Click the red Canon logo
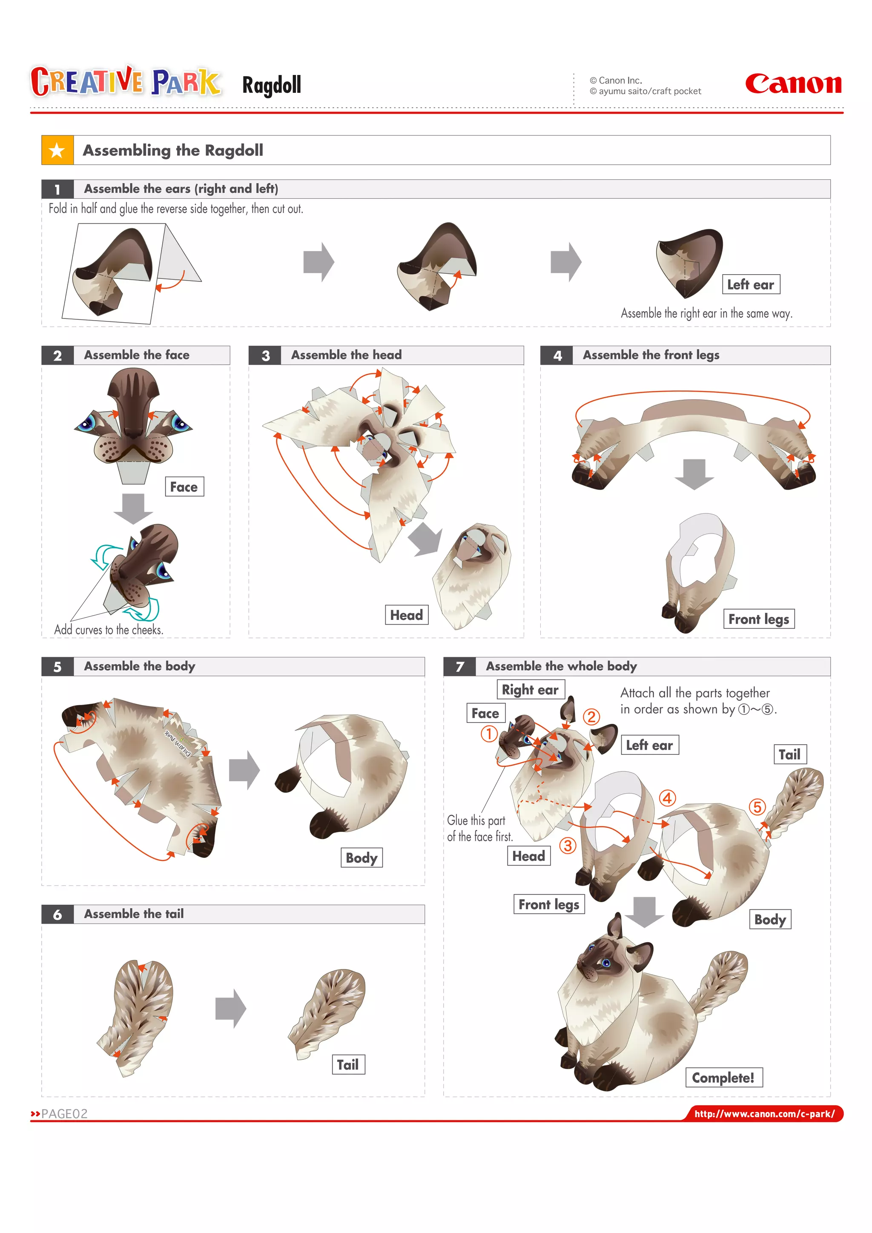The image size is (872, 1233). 793,84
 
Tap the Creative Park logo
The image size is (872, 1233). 126,82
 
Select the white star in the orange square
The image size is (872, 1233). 57,150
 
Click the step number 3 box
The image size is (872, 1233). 265,356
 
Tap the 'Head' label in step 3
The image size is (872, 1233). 407,615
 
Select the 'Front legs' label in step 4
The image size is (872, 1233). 759,619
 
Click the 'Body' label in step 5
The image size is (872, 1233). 361,857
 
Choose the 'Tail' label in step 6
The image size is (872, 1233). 347,1064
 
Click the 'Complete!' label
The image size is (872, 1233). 724,1077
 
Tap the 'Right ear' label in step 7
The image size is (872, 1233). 531,690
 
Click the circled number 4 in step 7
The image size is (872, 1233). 668,798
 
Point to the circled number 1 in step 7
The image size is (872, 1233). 489,734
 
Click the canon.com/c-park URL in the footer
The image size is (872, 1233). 765,1114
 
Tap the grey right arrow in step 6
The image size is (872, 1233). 230,1009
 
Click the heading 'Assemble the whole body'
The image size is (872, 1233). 561,666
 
